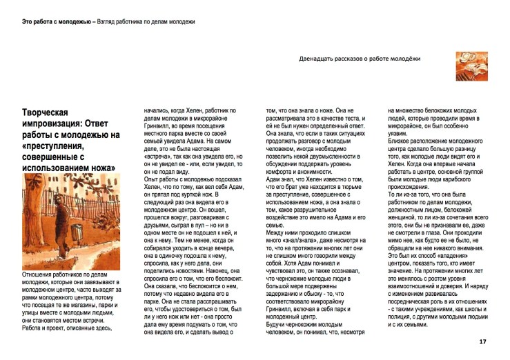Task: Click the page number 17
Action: tap(482, 341)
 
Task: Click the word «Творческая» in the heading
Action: tap(46, 112)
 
